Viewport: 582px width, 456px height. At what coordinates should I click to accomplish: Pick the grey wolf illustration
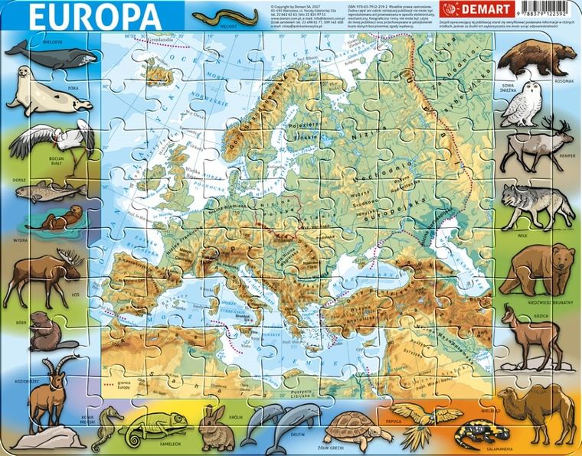click(536, 202)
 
